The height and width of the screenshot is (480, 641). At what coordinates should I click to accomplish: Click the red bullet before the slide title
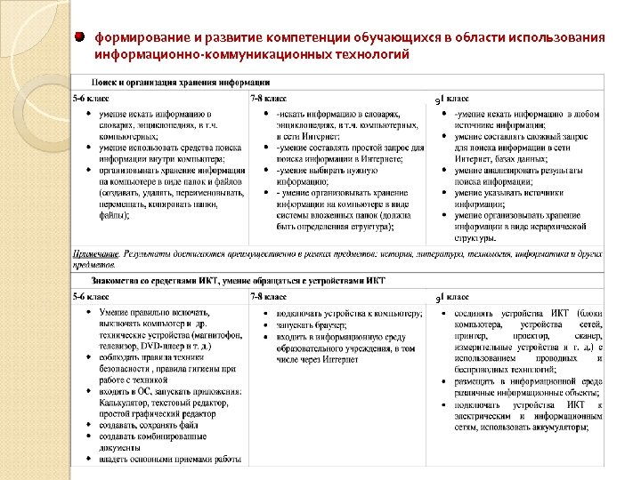(80, 38)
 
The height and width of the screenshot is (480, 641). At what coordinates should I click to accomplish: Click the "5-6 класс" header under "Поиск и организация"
(91, 98)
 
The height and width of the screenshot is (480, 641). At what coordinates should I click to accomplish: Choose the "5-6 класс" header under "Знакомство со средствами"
(91, 296)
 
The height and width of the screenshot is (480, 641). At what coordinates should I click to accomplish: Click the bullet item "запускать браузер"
(309, 325)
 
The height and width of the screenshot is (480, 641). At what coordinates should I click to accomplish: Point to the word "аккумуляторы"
(559, 427)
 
